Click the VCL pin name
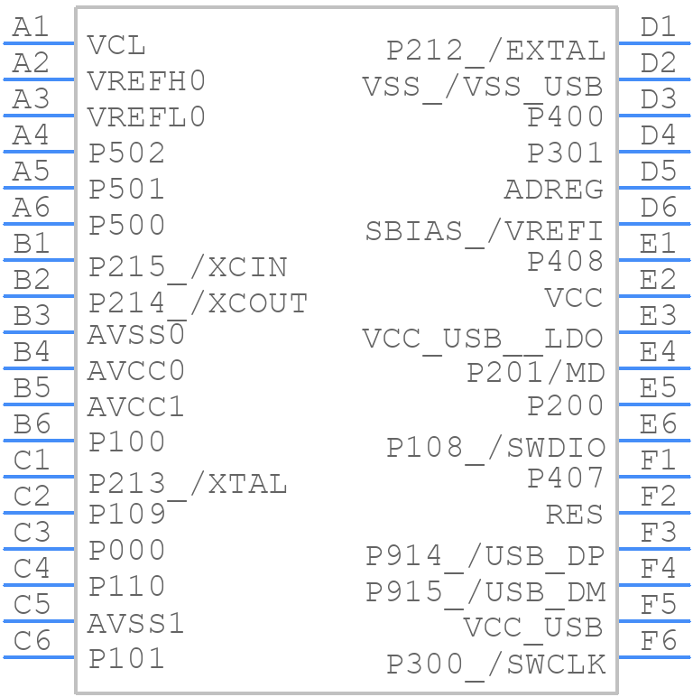point(116,45)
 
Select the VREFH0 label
point(146,81)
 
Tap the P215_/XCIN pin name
point(188,267)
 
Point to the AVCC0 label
point(136,370)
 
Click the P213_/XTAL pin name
point(188,484)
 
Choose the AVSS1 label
point(136,623)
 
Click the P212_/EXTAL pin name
point(495,51)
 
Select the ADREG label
point(553,190)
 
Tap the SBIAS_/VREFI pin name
point(484,231)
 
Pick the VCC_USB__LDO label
point(483,339)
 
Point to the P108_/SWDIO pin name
point(495,448)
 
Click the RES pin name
point(574,515)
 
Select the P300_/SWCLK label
point(495,664)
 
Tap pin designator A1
point(31,27)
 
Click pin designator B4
point(31,352)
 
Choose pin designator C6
point(31,641)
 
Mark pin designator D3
point(658,99)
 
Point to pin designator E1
point(658,244)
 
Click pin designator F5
point(658,605)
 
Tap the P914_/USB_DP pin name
point(485,556)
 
